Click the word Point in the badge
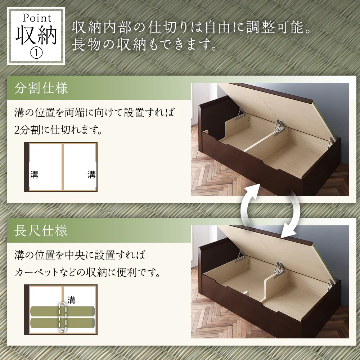pos(37,18)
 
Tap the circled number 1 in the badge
pos(36,53)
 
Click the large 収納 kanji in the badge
pos(36,35)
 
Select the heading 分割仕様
pos(41,88)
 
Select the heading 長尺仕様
pos(41,230)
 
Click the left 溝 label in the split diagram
pos(34,175)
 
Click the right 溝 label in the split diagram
pos(91,175)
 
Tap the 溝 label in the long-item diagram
pos(71,300)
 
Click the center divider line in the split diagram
pos(62,167)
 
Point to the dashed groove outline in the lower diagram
pos(63,317)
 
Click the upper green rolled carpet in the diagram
pos(62,311)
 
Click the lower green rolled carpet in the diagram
pos(62,323)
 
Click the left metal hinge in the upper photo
pos(240,114)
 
